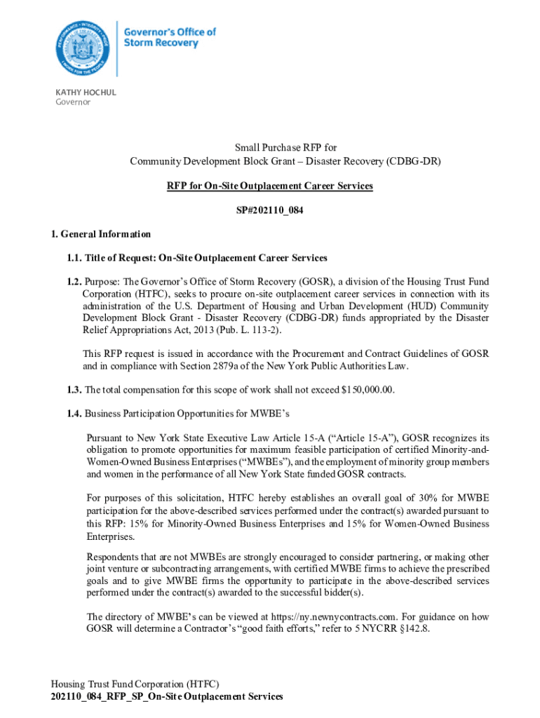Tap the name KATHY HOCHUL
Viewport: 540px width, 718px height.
click(x=86, y=92)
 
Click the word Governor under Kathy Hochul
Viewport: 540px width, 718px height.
click(x=73, y=102)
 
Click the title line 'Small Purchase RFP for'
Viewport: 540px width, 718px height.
click(x=269, y=148)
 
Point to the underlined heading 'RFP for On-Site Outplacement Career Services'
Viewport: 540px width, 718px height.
click(x=269, y=186)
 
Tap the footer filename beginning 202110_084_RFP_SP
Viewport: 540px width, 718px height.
click(x=167, y=696)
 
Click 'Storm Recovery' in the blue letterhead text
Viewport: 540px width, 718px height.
click(x=161, y=43)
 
